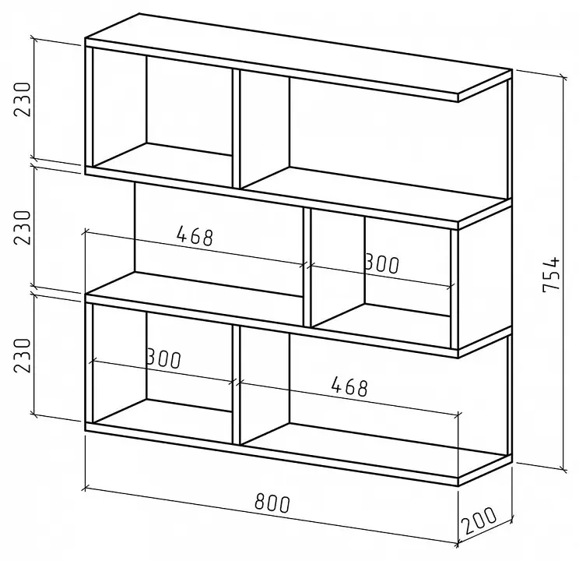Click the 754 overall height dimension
551,273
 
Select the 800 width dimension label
272,503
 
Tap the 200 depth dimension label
479,520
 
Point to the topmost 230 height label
22,100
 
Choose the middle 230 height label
22,228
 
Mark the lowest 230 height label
22,355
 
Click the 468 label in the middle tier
195,236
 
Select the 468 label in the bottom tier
349,386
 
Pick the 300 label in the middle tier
382,263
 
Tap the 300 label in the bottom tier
163,358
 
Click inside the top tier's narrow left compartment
163,111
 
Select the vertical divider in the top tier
237,129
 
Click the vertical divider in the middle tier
307,267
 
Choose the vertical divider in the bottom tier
237,385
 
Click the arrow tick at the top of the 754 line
563,77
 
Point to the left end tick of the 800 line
86,489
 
